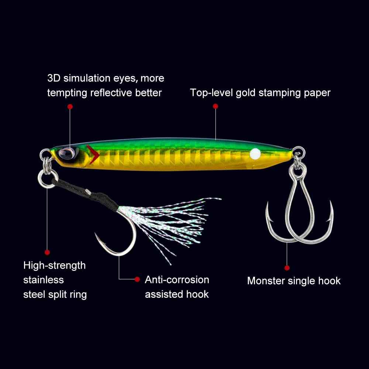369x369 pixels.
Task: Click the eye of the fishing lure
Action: (68, 153)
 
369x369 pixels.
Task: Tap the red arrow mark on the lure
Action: (94, 155)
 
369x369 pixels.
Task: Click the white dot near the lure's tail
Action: (255, 153)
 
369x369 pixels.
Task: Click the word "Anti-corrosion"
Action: (177, 280)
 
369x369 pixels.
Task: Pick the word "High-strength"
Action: (54, 265)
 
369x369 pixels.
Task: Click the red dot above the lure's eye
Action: (70, 107)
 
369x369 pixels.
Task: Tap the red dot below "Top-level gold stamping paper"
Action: (215, 106)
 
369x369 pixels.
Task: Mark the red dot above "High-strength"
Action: (47, 252)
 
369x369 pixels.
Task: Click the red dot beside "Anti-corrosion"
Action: (137, 279)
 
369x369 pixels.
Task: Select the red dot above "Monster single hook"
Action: (287, 268)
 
